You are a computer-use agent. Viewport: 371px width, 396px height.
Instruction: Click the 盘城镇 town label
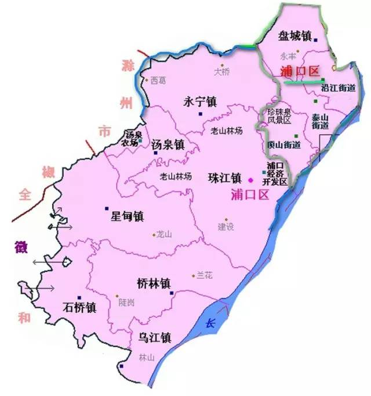pos(295,36)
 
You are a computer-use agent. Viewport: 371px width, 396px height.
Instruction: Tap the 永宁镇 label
pos(199,101)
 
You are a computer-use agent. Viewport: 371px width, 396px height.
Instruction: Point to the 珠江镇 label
pos(224,178)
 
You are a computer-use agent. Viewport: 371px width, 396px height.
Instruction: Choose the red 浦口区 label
pos(300,71)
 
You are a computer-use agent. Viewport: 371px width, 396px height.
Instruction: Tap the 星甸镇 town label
pos(127,217)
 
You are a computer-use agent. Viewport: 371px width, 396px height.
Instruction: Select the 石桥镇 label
pos(79,307)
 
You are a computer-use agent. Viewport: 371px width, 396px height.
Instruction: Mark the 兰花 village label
pos(205,275)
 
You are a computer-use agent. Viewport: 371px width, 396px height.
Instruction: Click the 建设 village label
pos(225,226)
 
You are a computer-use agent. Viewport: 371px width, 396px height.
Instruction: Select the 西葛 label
pos(158,81)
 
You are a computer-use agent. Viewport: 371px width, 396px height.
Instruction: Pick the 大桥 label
pos(222,73)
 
